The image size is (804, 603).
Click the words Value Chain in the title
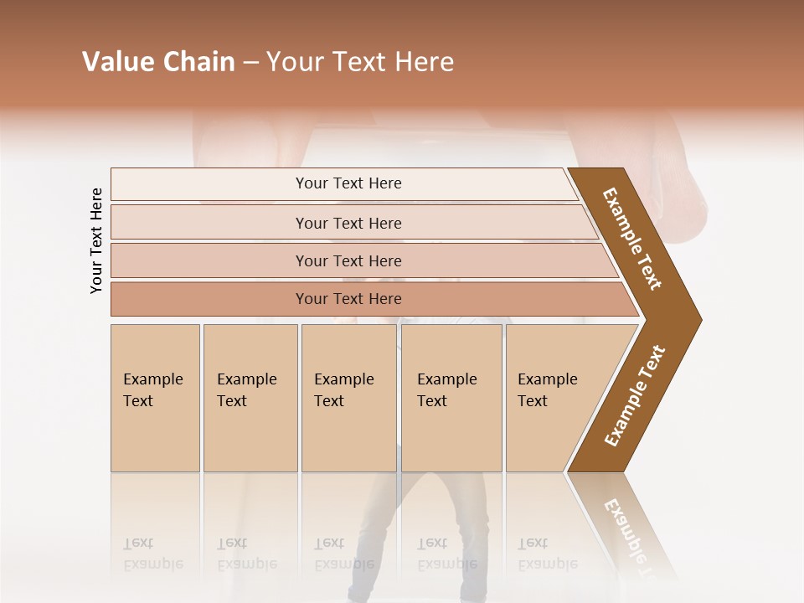(x=158, y=62)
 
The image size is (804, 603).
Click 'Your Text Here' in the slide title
(x=360, y=62)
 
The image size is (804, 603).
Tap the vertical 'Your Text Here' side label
(x=96, y=241)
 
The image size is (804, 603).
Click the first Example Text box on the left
(x=155, y=398)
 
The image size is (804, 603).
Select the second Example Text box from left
(x=250, y=398)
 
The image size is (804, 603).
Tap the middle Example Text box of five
(x=348, y=398)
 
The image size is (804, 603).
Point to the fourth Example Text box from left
(x=451, y=398)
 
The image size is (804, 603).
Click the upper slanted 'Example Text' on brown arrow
(x=632, y=239)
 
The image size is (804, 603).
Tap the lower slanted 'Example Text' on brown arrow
(x=635, y=396)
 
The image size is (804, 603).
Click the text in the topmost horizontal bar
(x=348, y=183)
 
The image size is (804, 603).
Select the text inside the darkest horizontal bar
(x=348, y=299)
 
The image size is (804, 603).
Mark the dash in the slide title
(x=250, y=63)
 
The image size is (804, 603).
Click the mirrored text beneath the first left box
(x=152, y=554)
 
